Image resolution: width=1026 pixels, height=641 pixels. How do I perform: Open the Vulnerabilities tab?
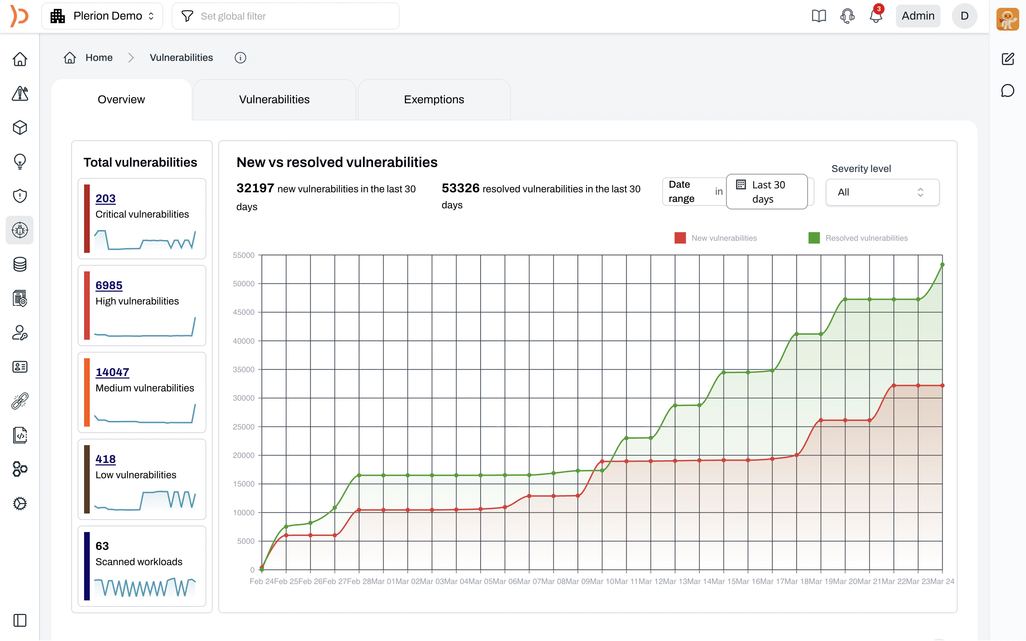[x=274, y=100]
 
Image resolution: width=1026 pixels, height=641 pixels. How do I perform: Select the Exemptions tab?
[x=434, y=100]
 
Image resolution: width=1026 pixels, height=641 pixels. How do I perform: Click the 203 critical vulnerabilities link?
[x=105, y=198]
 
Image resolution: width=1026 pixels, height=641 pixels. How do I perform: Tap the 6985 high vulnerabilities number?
[x=109, y=285]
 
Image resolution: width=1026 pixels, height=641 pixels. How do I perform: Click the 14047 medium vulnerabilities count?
[x=112, y=372]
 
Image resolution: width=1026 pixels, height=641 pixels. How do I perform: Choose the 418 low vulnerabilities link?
[x=105, y=459]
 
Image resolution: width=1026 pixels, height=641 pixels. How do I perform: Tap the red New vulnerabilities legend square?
[x=680, y=238]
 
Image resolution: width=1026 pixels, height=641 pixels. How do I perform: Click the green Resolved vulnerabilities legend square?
[x=814, y=238]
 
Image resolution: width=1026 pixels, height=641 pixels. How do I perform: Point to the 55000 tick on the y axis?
[x=243, y=255]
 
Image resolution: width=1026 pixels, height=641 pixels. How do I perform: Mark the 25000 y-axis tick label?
[x=243, y=427]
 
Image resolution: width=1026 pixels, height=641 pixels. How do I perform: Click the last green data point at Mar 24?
[x=942, y=265]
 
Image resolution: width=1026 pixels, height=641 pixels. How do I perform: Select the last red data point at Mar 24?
[x=942, y=386]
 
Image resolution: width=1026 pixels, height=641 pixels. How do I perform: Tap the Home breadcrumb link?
[x=98, y=58]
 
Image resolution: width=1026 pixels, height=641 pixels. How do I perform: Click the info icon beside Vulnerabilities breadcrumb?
[x=240, y=58]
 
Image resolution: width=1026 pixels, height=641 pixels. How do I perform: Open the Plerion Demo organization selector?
[x=102, y=16]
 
